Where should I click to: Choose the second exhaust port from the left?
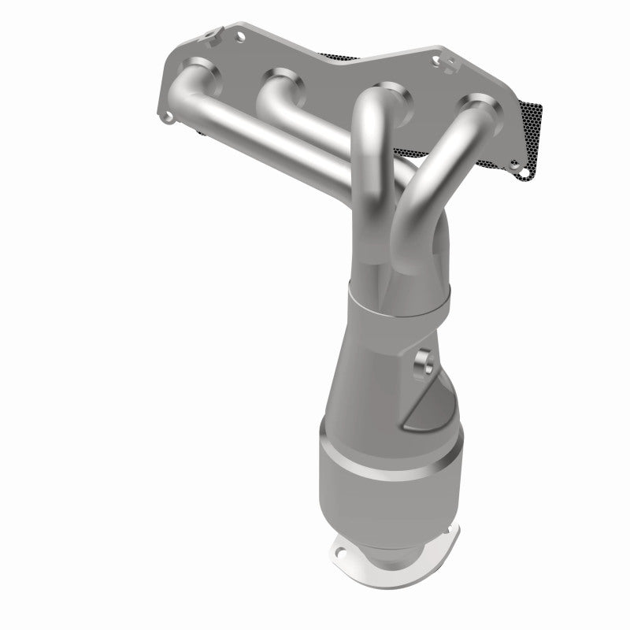click(282, 83)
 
